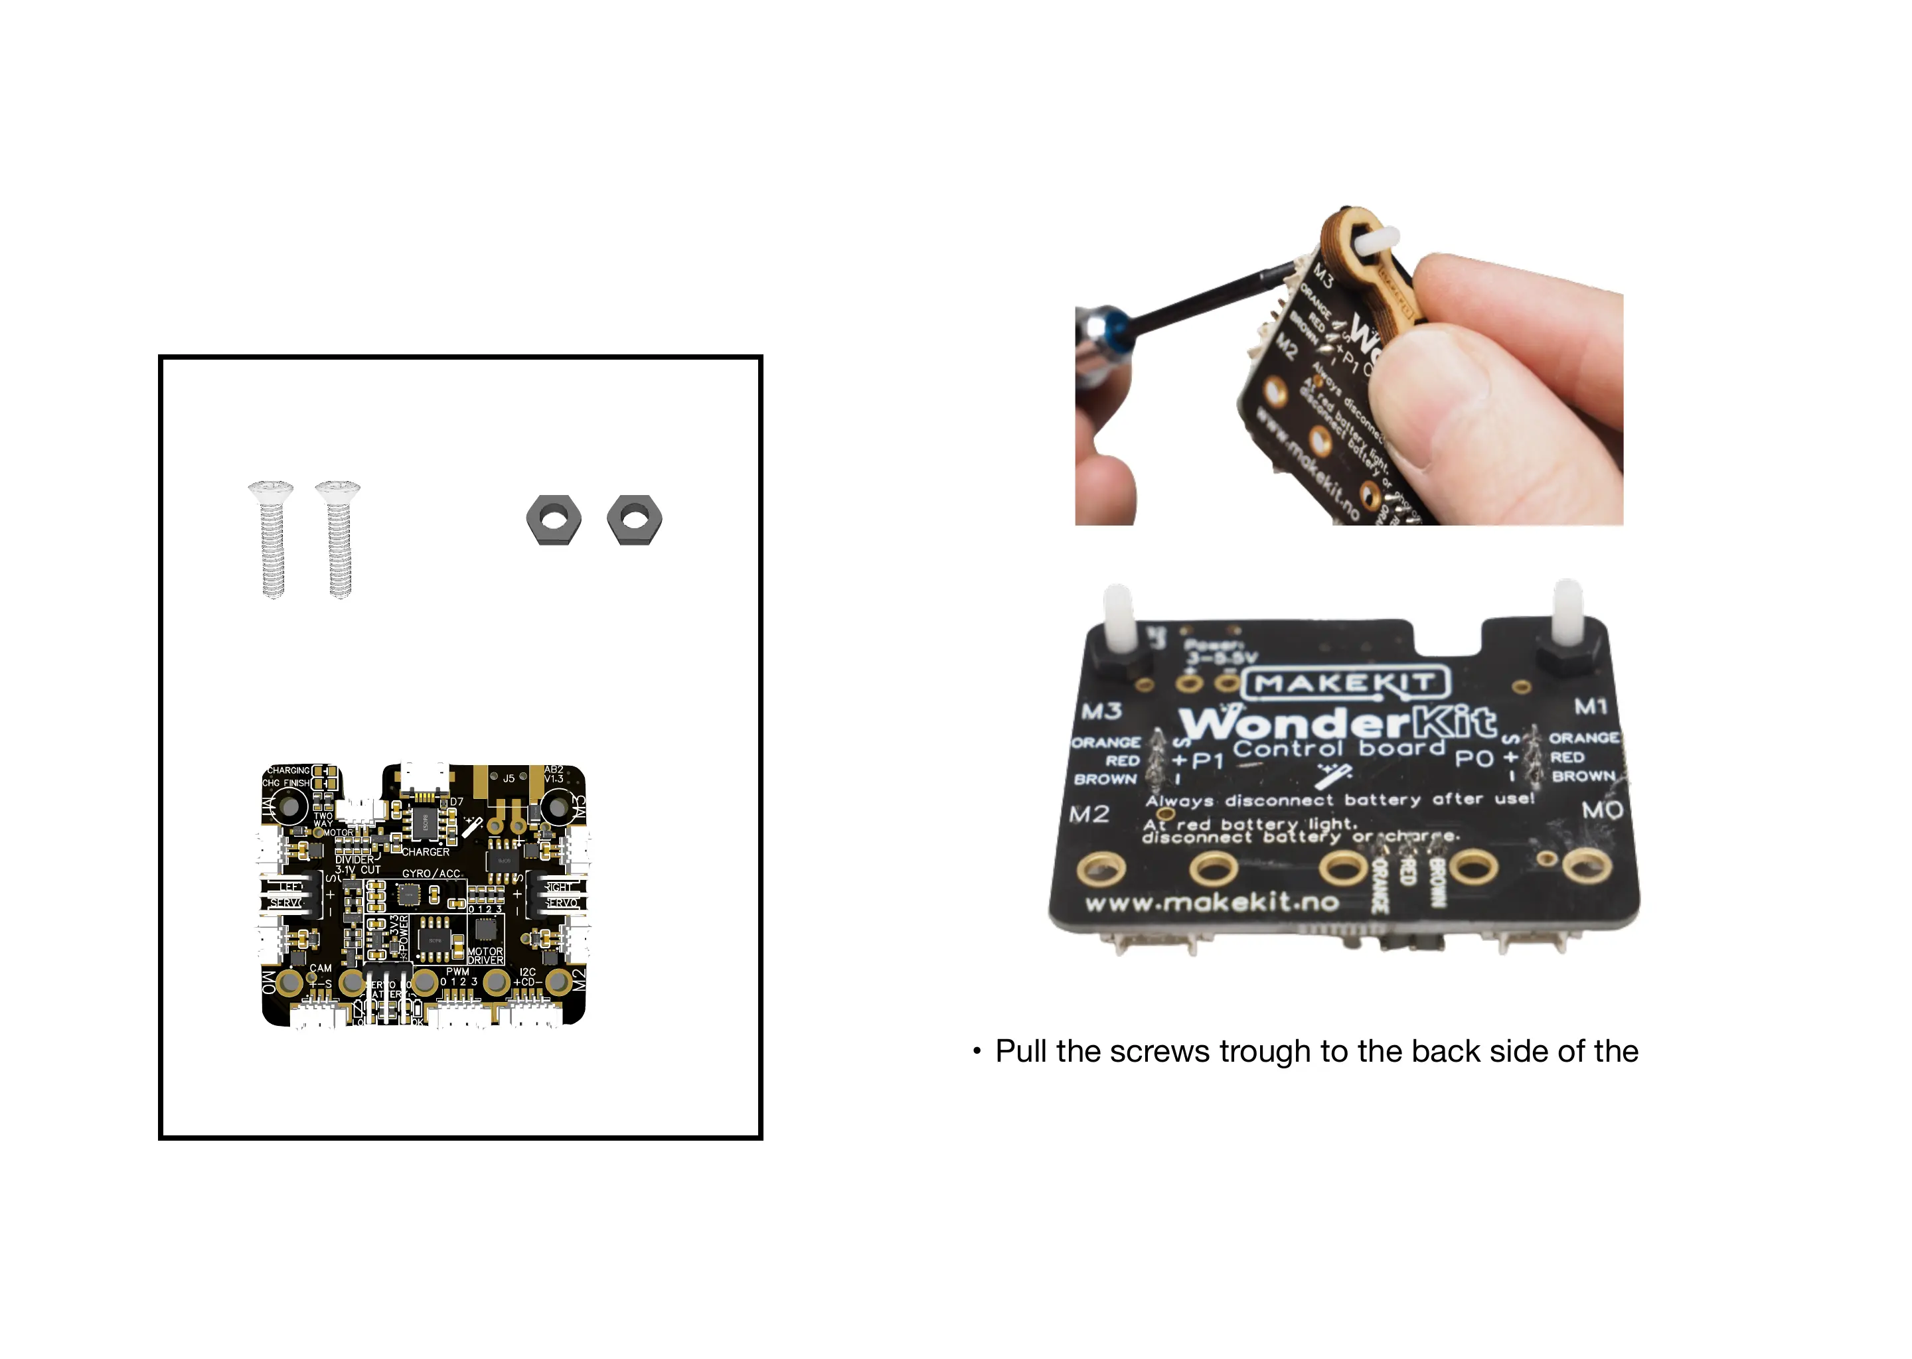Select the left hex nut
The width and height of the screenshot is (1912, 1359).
pos(553,520)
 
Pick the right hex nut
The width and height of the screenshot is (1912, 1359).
pos(635,520)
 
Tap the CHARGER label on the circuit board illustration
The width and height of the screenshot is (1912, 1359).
pos(426,852)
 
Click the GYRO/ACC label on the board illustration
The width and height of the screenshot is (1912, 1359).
pos(431,874)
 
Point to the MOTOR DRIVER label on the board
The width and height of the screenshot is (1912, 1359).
pos(485,956)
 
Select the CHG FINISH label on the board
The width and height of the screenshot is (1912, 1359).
pos(285,783)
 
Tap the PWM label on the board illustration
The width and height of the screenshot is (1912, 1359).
pos(457,971)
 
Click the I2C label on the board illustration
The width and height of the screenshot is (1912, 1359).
pos(527,972)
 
